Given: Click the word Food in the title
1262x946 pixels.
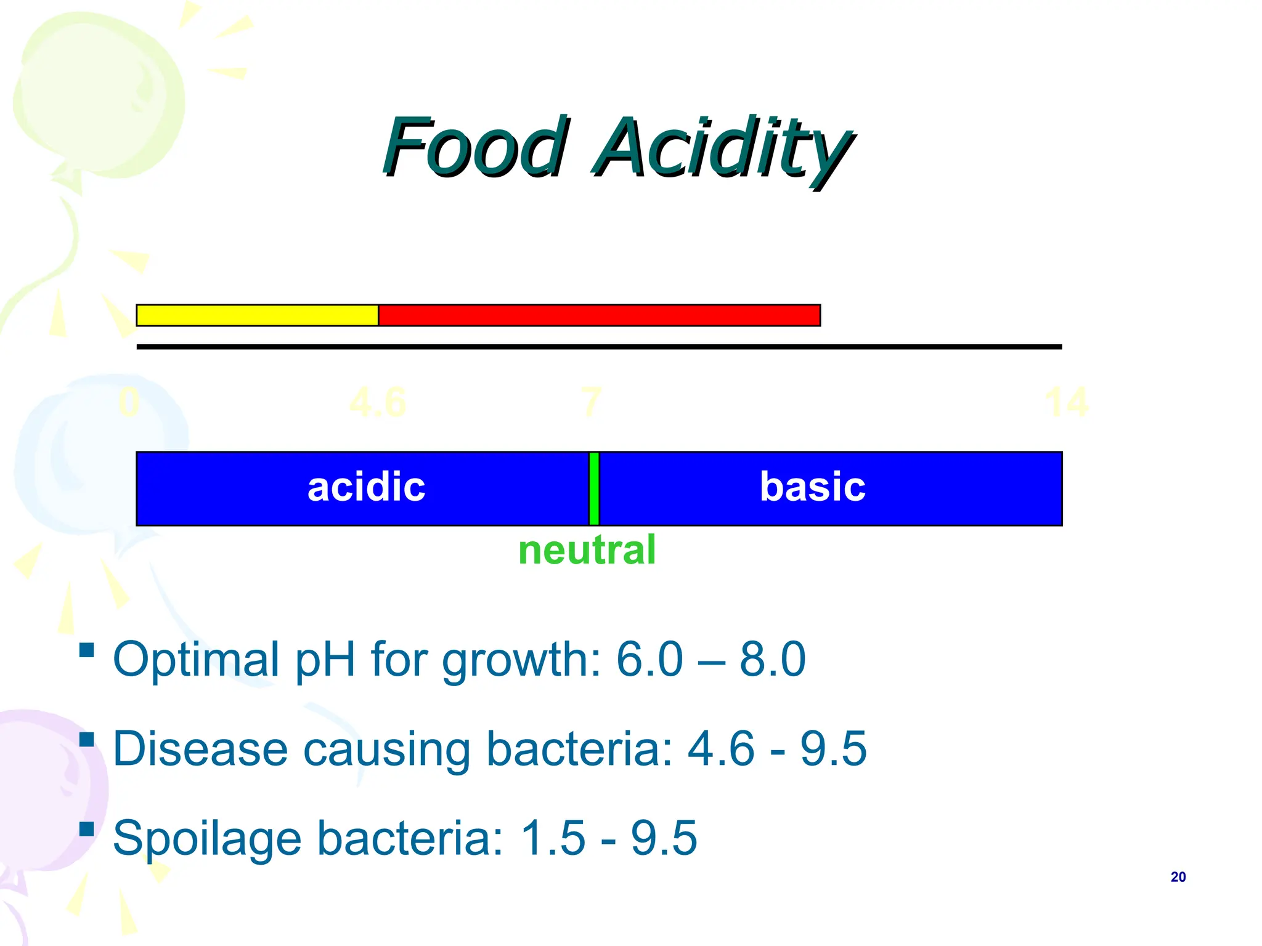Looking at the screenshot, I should coord(473,148).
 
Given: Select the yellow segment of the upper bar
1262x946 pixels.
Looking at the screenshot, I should coord(257,315).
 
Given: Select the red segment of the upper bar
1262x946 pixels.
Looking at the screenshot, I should coord(599,315).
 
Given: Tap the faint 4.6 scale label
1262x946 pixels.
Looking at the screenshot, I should coord(377,403).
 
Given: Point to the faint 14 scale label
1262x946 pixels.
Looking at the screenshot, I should coord(1066,403).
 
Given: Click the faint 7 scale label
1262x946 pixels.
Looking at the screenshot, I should coord(591,403).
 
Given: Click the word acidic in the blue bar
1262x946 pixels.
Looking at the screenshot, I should coord(366,487).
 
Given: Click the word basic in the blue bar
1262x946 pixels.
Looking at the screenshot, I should coord(812,487).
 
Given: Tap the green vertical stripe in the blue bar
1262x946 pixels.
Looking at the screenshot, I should coord(594,488).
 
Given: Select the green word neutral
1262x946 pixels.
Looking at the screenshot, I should coord(587,550).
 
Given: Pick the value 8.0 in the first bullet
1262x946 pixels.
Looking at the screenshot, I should coord(772,659).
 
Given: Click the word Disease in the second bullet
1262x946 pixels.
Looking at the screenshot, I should coord(200,749).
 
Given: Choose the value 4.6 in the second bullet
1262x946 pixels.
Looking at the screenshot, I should coord(720,749).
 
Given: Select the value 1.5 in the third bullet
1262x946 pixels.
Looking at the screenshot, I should coord(552,838).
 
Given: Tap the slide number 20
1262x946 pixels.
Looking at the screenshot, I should coord(1178,877).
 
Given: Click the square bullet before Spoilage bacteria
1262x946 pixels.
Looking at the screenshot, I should coord(87,829).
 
